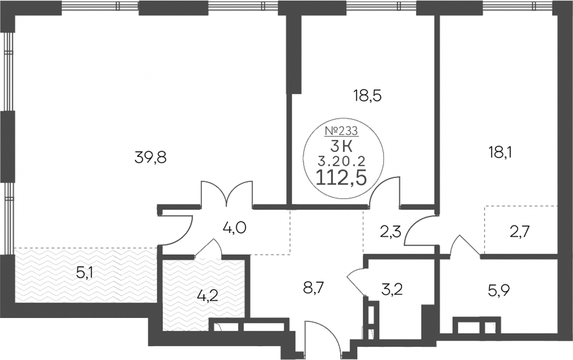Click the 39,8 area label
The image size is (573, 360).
150,158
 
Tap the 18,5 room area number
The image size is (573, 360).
367,96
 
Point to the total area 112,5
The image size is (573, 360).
341,178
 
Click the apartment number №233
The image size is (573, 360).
341,131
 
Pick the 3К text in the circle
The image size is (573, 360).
341,147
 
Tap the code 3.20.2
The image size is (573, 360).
341,160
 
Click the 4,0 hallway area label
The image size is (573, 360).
235,228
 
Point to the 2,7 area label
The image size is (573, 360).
519,231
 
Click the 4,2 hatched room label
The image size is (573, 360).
207,295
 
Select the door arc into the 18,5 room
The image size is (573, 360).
385,191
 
